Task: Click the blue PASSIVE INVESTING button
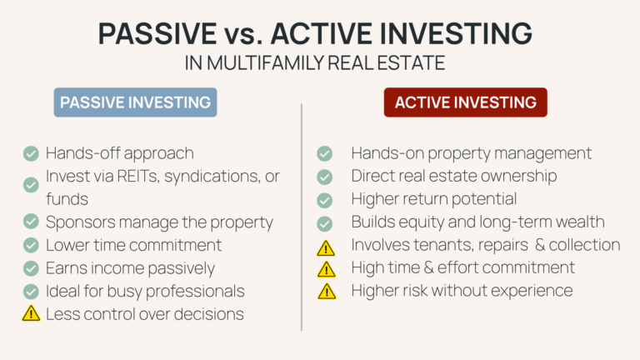click(135, 102)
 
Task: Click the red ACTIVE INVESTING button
click(465, 102)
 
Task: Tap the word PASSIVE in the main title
click(157, 33)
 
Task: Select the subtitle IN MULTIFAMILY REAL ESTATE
click(315, 63)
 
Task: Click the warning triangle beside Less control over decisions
click(31, 313)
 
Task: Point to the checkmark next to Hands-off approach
click(31, 154)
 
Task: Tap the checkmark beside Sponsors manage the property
click(31, 221)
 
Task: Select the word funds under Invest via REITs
click(67, 199)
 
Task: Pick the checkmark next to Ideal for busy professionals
click(31, 292)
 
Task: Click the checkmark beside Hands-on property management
click(324, 153)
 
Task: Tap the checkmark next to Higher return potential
click(324, 200)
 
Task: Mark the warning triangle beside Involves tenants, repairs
click(326, 248)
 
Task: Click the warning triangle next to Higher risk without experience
click(327, 292)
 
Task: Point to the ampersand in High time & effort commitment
click(428, 267)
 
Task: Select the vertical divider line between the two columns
click(302, 217)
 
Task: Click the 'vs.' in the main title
click(243, 35)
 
